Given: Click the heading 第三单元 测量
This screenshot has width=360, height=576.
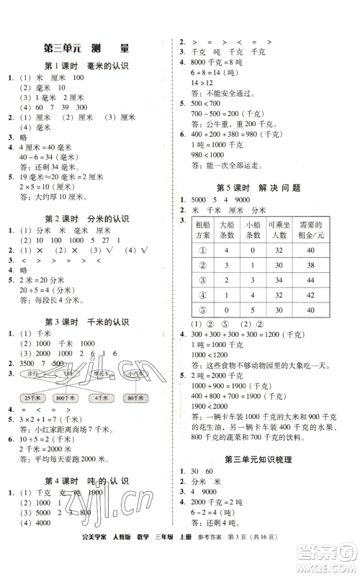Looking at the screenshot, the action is pos(86,49).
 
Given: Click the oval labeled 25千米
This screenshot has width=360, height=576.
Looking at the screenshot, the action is pos(32,398).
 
